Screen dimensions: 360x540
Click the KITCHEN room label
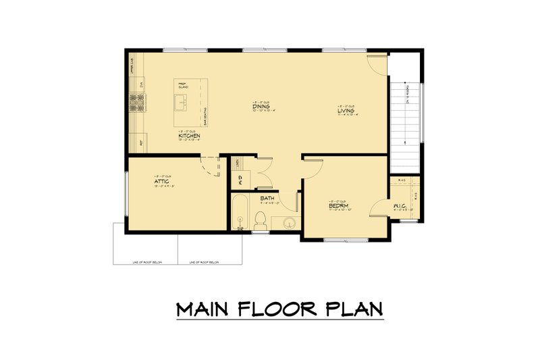coord(189,136)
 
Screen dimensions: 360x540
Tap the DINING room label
coord(262,107)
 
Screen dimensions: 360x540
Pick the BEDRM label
coord(338,206)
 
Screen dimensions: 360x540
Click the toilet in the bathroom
coord(259,220)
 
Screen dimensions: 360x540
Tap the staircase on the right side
coord(405,122)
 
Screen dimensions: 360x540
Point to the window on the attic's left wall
coord(126,196)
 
